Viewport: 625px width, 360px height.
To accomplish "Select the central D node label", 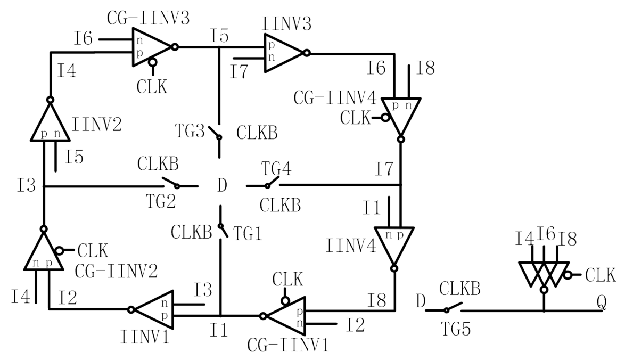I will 223,187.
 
